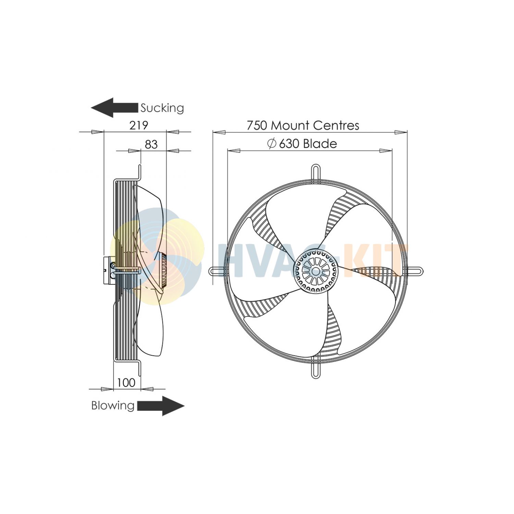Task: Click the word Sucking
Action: pos(162,108)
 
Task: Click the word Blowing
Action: pos(113,406)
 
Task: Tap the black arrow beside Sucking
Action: pos(114,108)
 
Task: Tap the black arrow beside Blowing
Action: pos(161,406)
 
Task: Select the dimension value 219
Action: pos(139,126)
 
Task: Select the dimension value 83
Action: pos(151,145)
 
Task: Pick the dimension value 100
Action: pos(126,383)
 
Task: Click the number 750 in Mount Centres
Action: pos(257,126)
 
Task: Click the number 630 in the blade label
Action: pos(289,144)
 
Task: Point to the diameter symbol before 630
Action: pos(272,144)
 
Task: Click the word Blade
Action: pos(320,144)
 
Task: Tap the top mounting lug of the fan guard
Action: pos(316,171)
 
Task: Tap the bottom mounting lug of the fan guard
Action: pos(316,370)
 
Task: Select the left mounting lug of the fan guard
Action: pos(216,271)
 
